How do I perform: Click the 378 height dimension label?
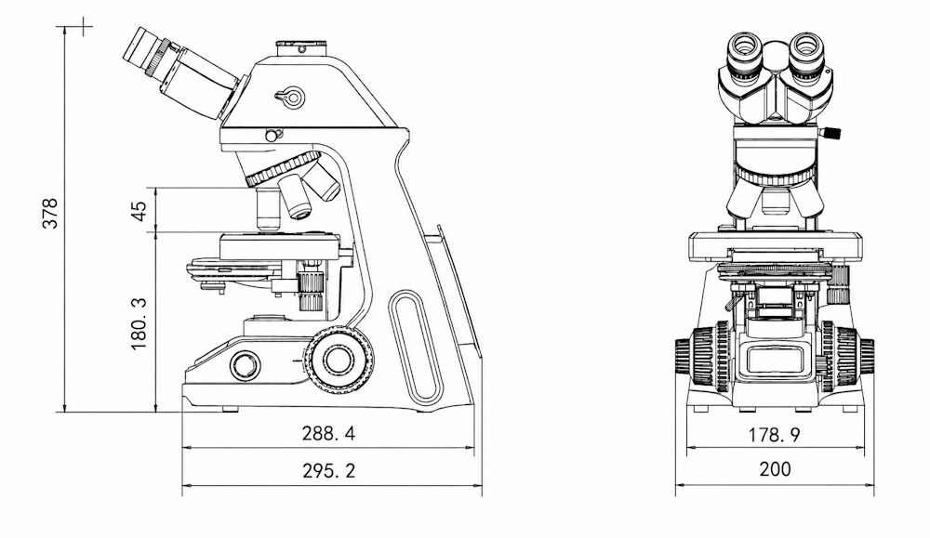coord(50,213)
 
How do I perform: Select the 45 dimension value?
coord(139,211)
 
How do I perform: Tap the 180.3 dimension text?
coord(139,323)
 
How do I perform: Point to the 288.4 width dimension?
coord(328,433)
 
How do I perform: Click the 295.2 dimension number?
coord(328,470)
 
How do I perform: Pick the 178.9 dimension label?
coord(774,435)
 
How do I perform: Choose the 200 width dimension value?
coord(775,469)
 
